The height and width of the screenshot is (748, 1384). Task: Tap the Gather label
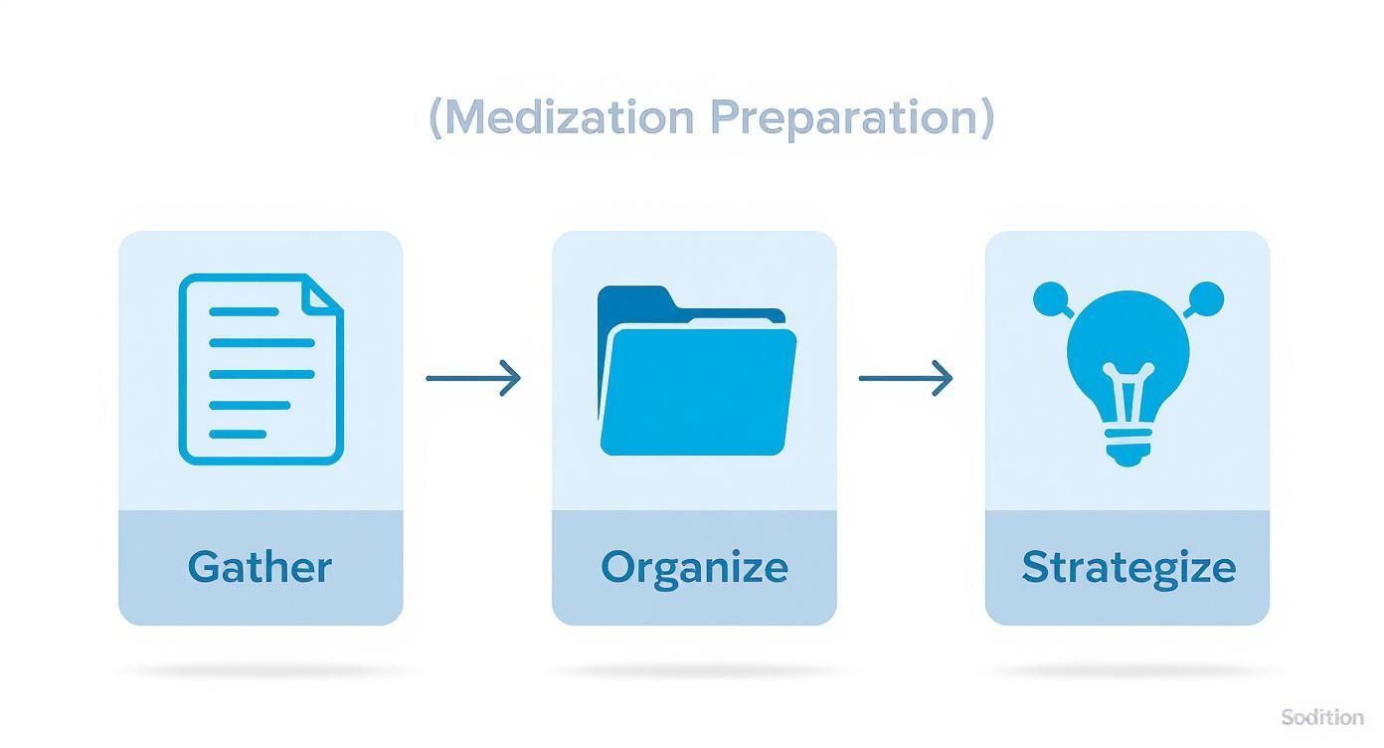click(x=259, y=567)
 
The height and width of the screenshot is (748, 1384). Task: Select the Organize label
click(x=694, y=567)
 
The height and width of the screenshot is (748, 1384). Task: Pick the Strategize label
click(x=1128, y=567)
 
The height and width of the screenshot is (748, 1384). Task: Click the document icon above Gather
click(x=260, y=369)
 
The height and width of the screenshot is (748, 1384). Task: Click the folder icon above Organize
click(x=696, y=373)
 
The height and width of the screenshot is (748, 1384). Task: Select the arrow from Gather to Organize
click(x=473, y=378)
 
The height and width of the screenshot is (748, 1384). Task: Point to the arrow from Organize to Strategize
click(x=906, y=378)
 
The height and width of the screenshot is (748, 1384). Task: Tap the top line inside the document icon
click(x=244, y=311)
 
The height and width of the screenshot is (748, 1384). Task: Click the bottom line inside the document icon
click(x=238, y=434)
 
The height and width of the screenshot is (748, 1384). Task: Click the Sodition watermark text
click(x=1322, y=717)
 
